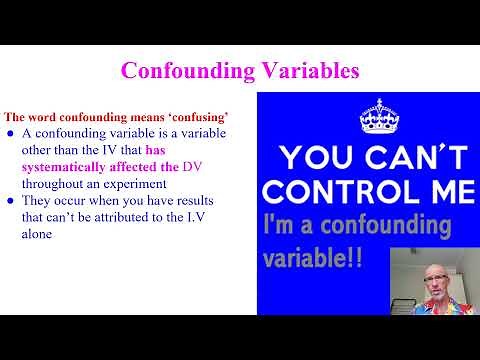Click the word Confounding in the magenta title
tap(186, 71)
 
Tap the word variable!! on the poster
tap(314, 258)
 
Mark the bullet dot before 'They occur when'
tap(11, 200)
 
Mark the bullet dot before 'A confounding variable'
tap(11, 135)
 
